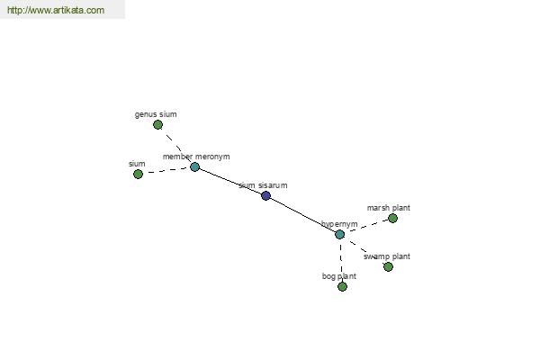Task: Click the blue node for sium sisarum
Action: coord(265,195)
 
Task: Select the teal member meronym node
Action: coord(194,167)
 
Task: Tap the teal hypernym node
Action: coord(339,234)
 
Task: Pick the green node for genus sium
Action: coord(157,125)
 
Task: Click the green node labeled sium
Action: coord(138,174)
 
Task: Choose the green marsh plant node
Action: coord(392,218)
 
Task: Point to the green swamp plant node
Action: coord(388,266)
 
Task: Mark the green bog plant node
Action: coord(342,286)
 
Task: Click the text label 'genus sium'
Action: coord(156,114)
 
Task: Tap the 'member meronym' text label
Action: coord(196,157)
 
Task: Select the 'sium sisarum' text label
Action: coord(263,185)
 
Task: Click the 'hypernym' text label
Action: coord(339,224)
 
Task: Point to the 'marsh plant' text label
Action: coord(389,208)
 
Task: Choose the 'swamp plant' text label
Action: coord(387,256)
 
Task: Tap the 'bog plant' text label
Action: coord(339,276)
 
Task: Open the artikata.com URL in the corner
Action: coord(56,10)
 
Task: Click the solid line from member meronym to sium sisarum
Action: coord(230,182)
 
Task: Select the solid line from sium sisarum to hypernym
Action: coord(302,215)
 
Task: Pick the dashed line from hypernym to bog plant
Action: coord(341,260)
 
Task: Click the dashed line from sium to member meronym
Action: coord(166,170)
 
